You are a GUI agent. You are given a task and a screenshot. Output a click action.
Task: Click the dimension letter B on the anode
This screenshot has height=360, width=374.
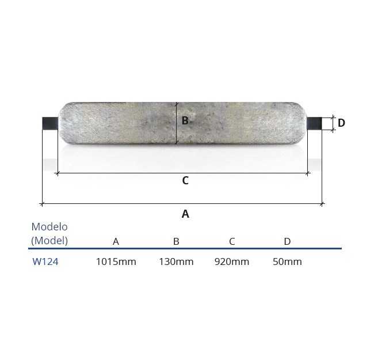tap(185, 121)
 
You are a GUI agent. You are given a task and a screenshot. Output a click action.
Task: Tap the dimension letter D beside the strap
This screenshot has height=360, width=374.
tap(341, 123)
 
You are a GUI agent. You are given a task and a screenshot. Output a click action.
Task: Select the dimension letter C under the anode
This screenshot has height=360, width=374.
tap(185, 181)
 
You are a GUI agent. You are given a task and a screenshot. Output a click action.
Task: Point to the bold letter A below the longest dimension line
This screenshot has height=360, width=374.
tap(185, 214)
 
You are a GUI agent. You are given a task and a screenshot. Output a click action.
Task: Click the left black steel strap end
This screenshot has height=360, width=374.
tap(50, 123)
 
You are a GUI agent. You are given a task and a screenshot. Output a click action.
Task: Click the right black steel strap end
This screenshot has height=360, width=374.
tap(315, 123)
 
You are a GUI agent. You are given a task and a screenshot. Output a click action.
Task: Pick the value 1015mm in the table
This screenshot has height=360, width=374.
tap(116, 262)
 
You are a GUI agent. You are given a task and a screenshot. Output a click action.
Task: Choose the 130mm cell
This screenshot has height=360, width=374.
tap(176, 262)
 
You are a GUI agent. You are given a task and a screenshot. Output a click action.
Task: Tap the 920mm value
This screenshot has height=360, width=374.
tap(232, 262)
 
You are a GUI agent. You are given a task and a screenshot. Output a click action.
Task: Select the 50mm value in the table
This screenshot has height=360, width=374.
tap(287, 262)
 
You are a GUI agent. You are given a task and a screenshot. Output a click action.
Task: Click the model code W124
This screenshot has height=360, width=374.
tap(45, 262)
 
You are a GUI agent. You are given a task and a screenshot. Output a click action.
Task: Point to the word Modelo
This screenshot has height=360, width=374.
tap(49, 226)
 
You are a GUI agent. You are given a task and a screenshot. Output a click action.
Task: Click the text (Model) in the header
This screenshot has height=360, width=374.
tap(49, 241)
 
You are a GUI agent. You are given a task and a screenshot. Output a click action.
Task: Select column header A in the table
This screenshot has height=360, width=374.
tap(116, 241)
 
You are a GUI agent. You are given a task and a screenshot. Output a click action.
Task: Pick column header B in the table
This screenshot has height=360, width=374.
tap(176, 241)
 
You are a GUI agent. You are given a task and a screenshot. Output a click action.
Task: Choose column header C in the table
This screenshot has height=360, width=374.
tap(232, 241)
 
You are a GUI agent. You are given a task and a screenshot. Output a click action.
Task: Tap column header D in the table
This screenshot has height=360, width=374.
tap(287, 241)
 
